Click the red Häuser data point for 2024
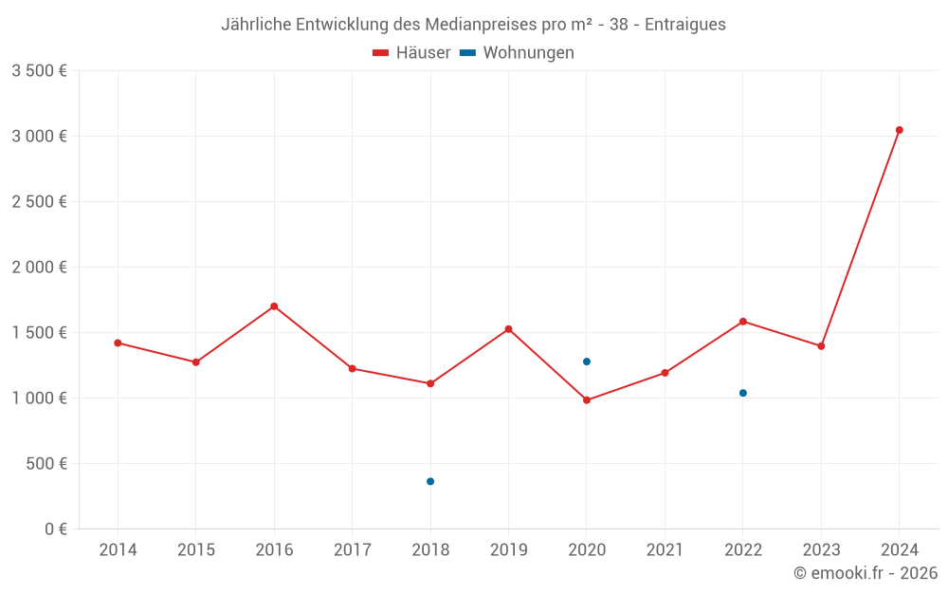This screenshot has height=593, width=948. coord(899,130)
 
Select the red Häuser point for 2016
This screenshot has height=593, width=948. coord(274,306)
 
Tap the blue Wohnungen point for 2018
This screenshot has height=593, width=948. coord(430,481)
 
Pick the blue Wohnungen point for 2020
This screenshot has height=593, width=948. coord(587,361)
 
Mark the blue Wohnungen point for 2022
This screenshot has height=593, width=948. coord(742,393)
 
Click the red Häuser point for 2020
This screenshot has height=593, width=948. coord(587,400)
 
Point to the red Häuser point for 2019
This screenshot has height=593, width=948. coord(508,329)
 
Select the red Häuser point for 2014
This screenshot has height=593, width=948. coord(118,343)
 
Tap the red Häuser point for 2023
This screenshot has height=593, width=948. coord(821,346)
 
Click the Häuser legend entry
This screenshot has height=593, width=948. coord(412,53)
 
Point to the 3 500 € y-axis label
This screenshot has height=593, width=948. coord(39,71)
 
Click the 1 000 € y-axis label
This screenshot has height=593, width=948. coord(39,398)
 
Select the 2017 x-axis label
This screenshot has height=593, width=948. coord(352,550)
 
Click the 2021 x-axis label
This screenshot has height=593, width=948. coord(665,550)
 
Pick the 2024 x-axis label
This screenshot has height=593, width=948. coord(899,550)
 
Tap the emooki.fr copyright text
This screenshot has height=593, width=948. coord(865,573)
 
